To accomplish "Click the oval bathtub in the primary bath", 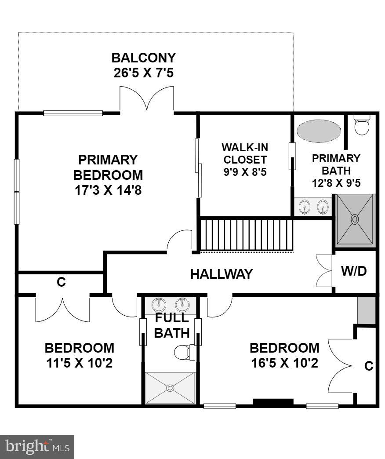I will (318, 131).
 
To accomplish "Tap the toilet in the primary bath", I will (362, 125).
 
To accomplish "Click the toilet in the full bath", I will (182, 352).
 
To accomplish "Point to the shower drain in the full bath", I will (170, 387).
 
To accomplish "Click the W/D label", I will (354, 271).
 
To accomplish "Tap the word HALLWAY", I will (221, 274).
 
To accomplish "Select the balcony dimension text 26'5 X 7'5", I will (143, 73).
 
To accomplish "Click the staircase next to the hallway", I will (247, 236).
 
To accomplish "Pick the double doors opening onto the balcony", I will (147, 99).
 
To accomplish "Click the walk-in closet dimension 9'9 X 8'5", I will (245, 171).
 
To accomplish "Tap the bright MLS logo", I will (37, 447).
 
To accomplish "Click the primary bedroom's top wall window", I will (73, 113).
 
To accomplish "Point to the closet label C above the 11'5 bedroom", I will (61, 283).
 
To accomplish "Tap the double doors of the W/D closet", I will (324, 271).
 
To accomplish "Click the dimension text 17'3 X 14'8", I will (108, 191).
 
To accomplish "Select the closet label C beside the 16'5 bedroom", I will (369, 366).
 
